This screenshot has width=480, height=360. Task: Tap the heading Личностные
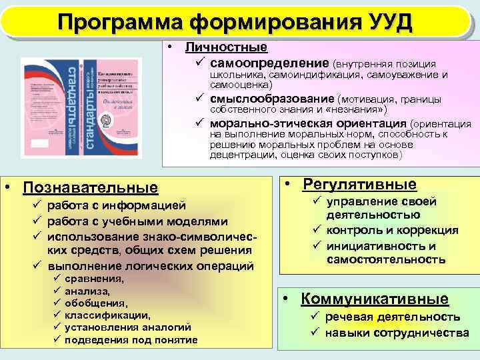[x=226, y=47]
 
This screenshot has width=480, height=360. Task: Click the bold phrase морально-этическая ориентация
[x=308, y=123]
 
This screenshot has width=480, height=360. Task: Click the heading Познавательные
[x=91, y=189]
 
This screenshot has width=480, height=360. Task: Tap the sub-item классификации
[x=107, y=315]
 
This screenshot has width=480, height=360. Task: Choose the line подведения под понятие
[x=131, y=340]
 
